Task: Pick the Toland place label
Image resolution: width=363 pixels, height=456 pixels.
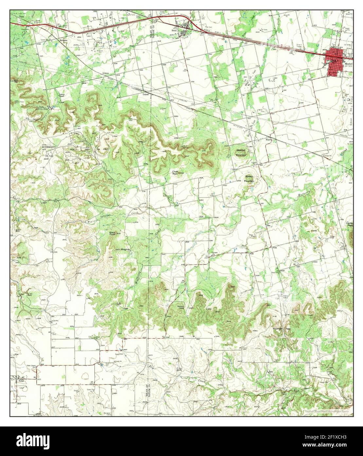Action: tap(145, 94)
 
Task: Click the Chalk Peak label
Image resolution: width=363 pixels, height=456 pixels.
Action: tap(176, 173)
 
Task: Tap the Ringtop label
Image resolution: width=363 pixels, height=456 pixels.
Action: tap(125, 249)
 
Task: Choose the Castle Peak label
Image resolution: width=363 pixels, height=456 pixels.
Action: tap(349, 224)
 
